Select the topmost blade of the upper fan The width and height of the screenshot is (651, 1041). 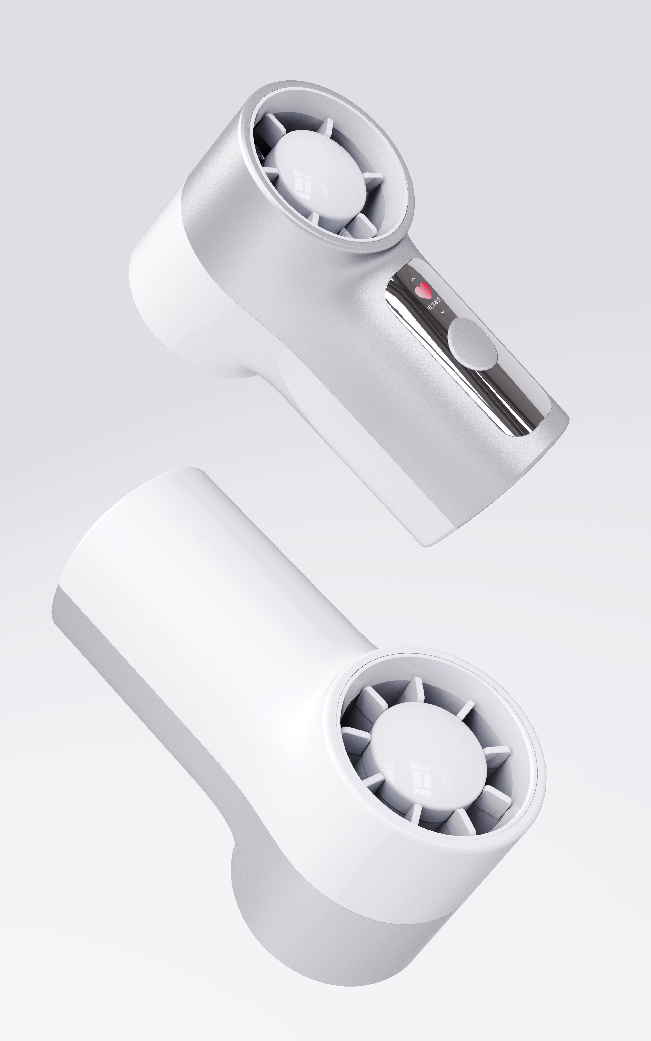327,127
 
